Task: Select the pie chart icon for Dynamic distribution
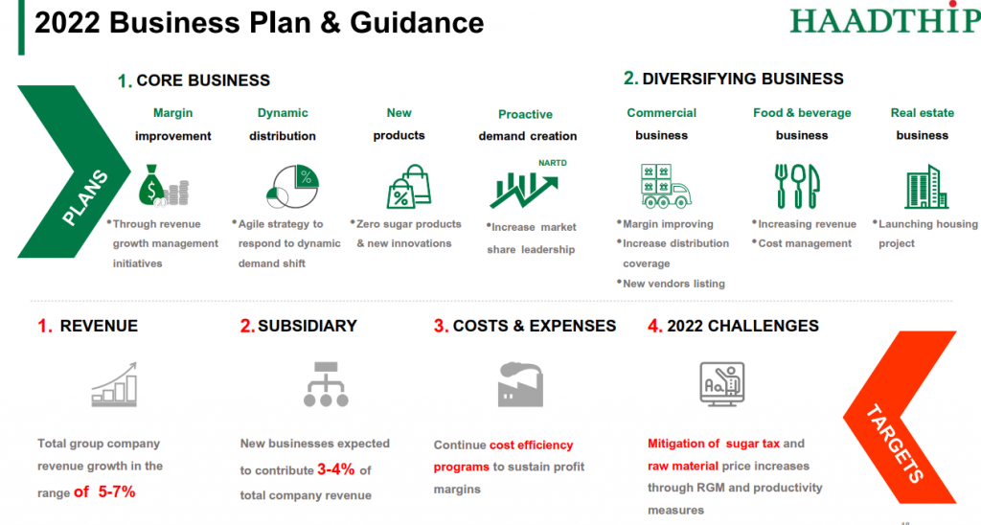(293, 187)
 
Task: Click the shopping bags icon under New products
(409, 187)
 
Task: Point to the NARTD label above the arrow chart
(553, 163)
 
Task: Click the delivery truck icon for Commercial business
(666, 186)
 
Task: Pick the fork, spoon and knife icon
(797, 186)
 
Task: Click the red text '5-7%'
(116, 491)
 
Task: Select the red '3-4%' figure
(336, 469)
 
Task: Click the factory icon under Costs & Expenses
(520, 384)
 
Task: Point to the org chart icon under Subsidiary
(326, 384)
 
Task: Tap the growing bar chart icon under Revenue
(114, 384)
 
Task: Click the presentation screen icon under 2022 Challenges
(722, 384)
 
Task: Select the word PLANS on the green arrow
(85, 197)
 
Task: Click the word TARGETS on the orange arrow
(895, 443)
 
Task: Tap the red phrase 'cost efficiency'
(531, 445)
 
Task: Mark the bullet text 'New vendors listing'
(673, 284)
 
